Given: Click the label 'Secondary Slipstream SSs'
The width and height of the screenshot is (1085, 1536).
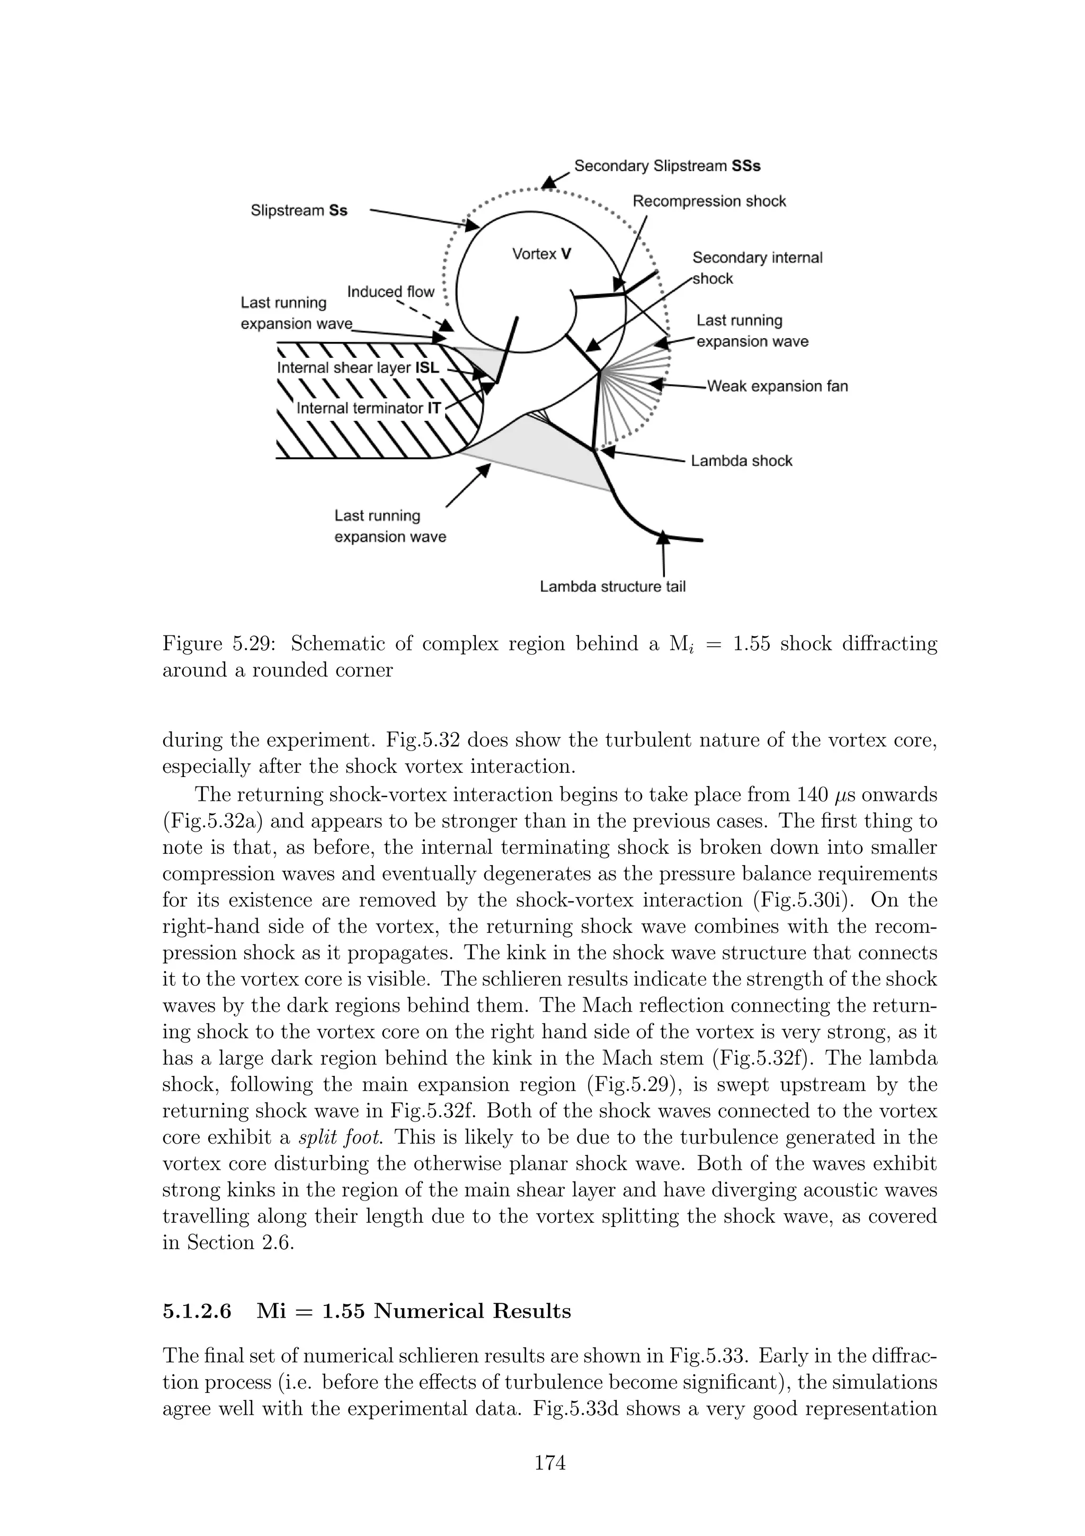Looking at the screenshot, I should pyautogui.click(x=666, y=166).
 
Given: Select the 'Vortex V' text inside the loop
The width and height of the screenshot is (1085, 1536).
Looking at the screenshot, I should pyautogui.click(x=541, y=254).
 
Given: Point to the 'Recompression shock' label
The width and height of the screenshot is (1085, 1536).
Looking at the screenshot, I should pyautogui.click(x=709, y=201).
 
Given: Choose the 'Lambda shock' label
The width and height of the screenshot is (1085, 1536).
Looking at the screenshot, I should pyautogui.click(x=741, y=461).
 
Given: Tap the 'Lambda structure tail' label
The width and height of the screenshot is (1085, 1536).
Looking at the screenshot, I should pyautogui.click(x=612, y=587).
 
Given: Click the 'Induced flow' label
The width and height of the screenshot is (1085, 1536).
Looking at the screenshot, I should pyautogui.click(x=390, y=292).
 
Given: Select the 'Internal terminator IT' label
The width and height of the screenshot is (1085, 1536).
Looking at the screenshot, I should pyautogui.click(x=368, y=408).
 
